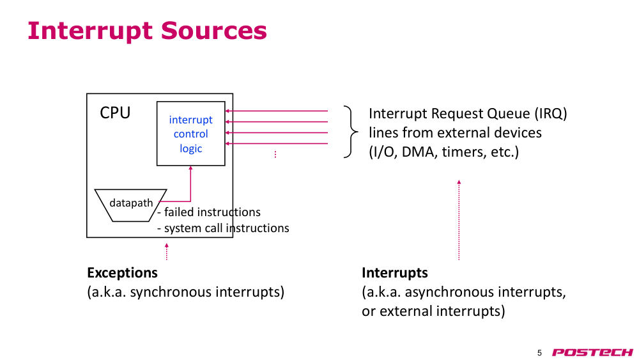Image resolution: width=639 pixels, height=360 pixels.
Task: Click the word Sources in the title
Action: pyautogui.click(x=214, y=31)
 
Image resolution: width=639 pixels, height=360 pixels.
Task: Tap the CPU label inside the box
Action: pyautogui.click(x=115, y=113)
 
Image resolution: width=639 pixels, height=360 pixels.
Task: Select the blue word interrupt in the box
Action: pyautogui.click(x=190, y=120)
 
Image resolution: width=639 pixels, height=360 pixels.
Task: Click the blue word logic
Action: pyautogui.click(x=190, y=149)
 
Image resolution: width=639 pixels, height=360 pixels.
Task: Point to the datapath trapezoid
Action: pyautogui.click(x=130, y=205)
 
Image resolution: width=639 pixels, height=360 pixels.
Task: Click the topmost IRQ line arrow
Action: pyautogui.click(x=277, y=111)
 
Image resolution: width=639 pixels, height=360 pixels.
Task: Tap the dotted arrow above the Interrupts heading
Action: pyautogui.click(x=459, y=220)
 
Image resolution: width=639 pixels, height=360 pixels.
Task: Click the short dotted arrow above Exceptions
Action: pyautogui.click(x=167, y=251)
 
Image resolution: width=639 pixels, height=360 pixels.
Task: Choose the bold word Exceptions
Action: pyautogui.click(x=122, y=272)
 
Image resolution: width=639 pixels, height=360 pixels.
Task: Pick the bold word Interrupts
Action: pyautogui.click(x=395, y=272)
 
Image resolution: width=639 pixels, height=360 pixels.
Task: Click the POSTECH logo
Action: pyautogui.click(x=592, y=352)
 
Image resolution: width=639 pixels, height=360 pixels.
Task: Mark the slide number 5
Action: pyautogui.click(x=539, y=353)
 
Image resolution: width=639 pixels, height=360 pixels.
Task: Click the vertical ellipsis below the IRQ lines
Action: pyautogui.click(x=275, y=154)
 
